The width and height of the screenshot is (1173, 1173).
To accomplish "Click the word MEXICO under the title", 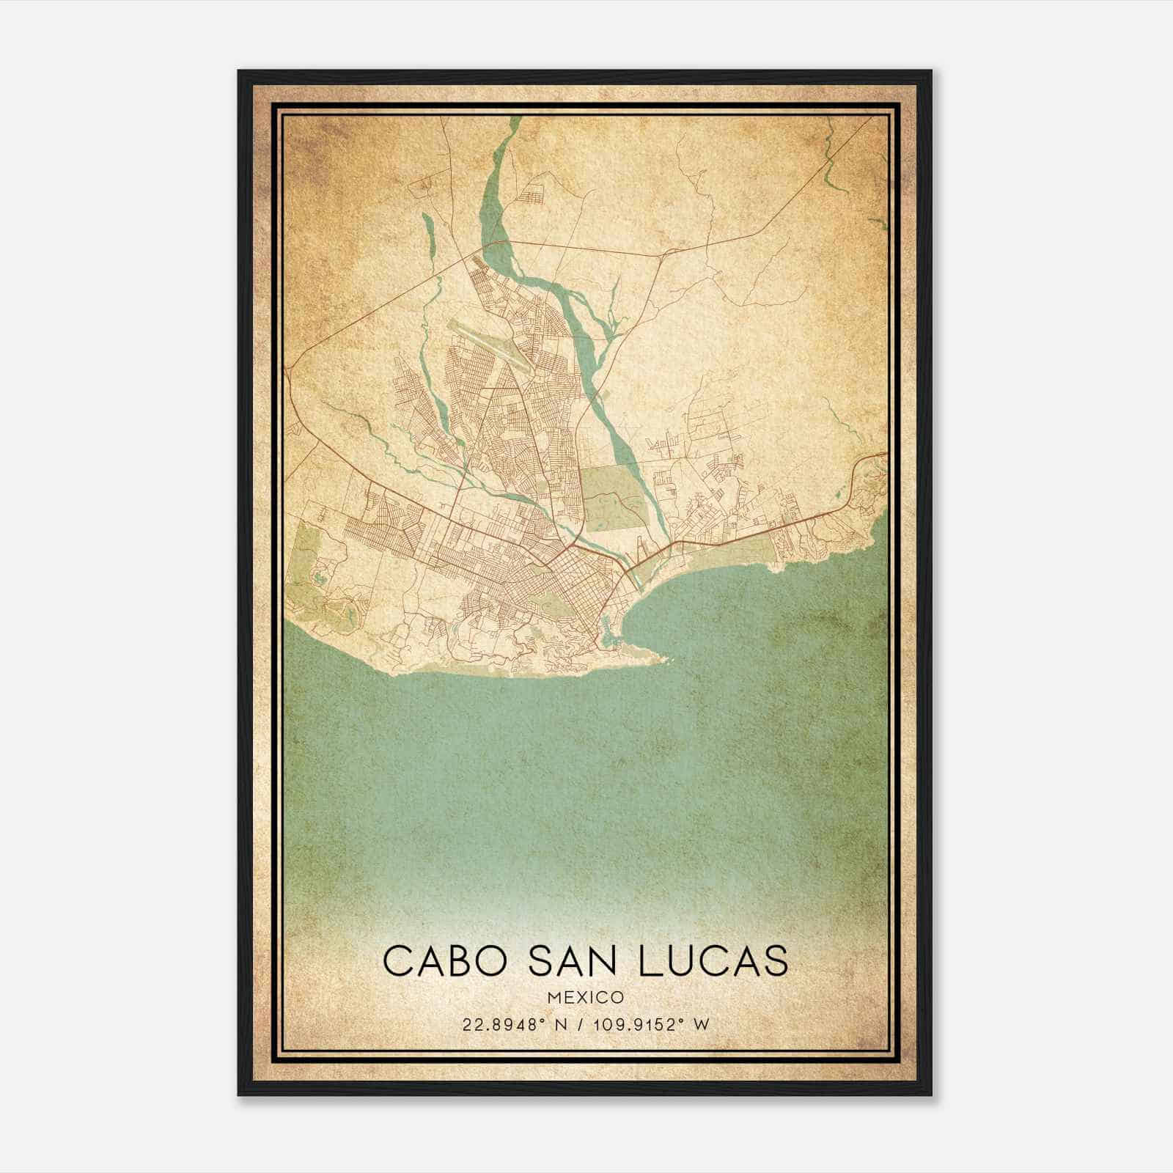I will coord(586,997).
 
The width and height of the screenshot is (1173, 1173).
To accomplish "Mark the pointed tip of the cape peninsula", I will coord(666,659).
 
